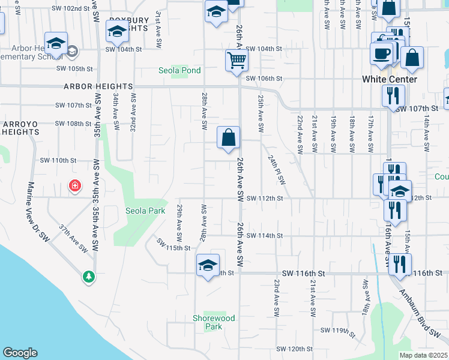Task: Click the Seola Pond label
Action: pyautogui.click(x=179, y=70)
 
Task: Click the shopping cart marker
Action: pyautogui.click(x=237, y=61)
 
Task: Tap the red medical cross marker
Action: pyautogui.click(x=75, y=186)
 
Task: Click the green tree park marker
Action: pyautogui.click(x=89, y=276)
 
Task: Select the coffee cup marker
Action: pyautogui.click(x=381, y=54)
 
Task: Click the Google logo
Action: pyautogui.click(x=20, y=353)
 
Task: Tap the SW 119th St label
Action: pyautogui.click(x=334, y=331)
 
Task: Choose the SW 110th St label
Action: pyautogui.click(x=58, y=160)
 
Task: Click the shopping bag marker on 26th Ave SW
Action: pyautogui.click(x=229, y=137)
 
